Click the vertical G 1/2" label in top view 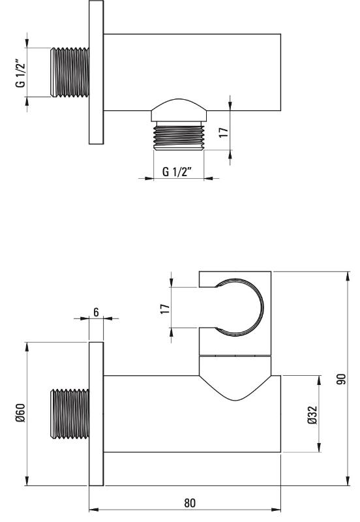click(21, 74)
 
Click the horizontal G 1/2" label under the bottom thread click(177, 172)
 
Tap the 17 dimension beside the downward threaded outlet click(224, 132)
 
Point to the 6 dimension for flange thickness click(96, 313)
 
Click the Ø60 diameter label click(21, 413)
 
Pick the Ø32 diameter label click(313, 415)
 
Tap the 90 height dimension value click(341, 379)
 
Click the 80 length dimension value click(190, 502)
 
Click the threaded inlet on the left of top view click(70, 72)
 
